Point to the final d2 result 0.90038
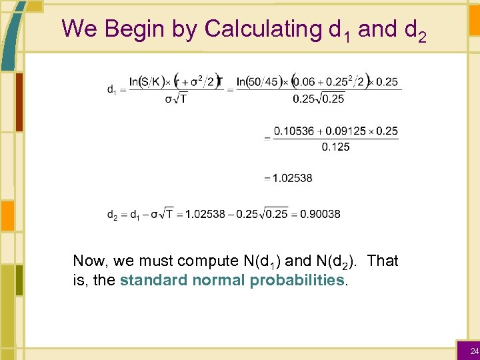[x=320, y=214]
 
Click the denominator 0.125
[x=335, y=147]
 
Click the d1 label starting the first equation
[x=113, y=90]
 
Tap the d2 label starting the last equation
[x=113, y=215]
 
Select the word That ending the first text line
[x=383, y=261]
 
